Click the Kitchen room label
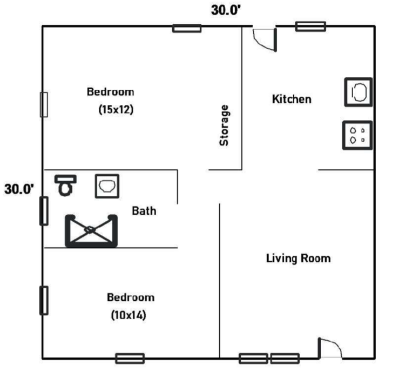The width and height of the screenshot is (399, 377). click(x=292, y=99)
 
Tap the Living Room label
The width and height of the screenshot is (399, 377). click(x=298, y=258)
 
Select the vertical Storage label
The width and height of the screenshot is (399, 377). click(x=224, y=125)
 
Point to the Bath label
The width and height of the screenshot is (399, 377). click(x=144, y=211)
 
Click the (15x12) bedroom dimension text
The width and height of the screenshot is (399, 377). click(x=116, y=109)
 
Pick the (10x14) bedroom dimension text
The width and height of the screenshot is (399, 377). click(x=129, y=315)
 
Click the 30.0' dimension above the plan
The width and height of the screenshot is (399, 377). click(x=226, y=10)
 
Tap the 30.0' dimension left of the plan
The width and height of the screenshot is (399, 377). click(x=19, y=189)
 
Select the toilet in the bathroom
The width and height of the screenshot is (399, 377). click(x=65, y=186)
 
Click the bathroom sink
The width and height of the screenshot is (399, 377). click(x=107, y=186)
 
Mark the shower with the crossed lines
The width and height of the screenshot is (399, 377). click(x=91, y=231)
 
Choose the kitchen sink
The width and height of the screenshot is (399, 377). click(x=359, y=92)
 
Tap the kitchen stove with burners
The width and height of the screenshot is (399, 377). click(x=357, y=135)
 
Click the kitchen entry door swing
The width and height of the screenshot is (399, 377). click(x=265, y=40)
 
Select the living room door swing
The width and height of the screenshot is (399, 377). click(x=330, y=348)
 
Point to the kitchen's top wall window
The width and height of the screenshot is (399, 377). click(x=310, y=27)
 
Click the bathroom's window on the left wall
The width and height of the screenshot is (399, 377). click(x=44, y=211)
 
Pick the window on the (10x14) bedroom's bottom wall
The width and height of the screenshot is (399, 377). click(x=130, y=359)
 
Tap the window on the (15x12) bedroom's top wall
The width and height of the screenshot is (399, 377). click(x=187, y=28)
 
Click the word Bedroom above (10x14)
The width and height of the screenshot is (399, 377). click(x=131, y=297)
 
